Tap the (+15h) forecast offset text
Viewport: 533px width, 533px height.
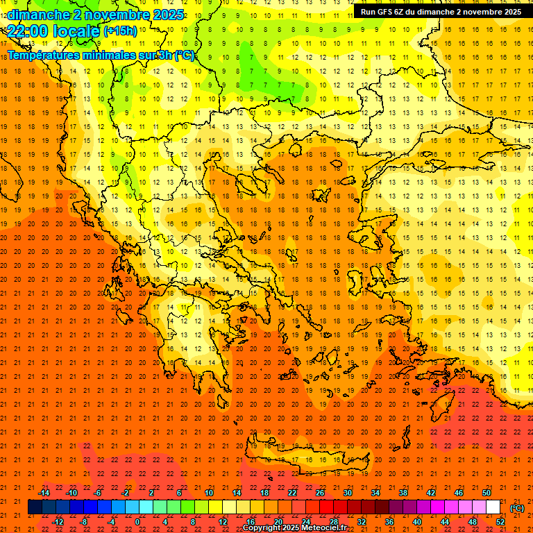click(121, 31)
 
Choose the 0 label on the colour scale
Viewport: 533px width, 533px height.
click(137, 522)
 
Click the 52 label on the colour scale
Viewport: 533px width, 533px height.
click(500, 522)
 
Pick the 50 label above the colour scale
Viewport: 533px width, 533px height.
click(487, 493)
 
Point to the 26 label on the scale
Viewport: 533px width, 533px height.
click(320, 493)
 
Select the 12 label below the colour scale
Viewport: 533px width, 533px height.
click(223, 522)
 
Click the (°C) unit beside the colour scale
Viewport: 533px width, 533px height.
click(517, 508)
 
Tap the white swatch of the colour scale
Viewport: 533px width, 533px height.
click(493, 507)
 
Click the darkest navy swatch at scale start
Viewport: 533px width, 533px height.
click(35, 507)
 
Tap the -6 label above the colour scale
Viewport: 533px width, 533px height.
click(98, 493)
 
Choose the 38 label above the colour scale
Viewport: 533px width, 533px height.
click(403, 493)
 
